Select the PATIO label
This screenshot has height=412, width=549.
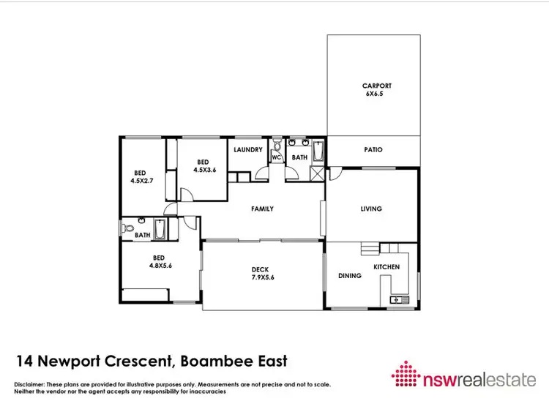click(x=373, y=150)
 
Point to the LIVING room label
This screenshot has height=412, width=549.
click(x=371, y=209)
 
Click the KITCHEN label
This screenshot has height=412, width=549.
click(x=386, y=267)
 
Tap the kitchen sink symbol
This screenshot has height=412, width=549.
click(x=400, y=299)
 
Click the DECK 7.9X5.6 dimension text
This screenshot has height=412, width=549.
click(x=261, y=278)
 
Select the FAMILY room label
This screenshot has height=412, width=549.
click(x=262, y=209)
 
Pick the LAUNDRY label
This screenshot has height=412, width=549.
click(x=248, y=150)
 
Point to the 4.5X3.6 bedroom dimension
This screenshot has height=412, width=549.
click(x=204, y=170)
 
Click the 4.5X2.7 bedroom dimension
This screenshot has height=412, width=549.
click(x=143, y=180)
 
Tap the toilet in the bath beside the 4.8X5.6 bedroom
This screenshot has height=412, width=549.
click(x=129, y=228)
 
